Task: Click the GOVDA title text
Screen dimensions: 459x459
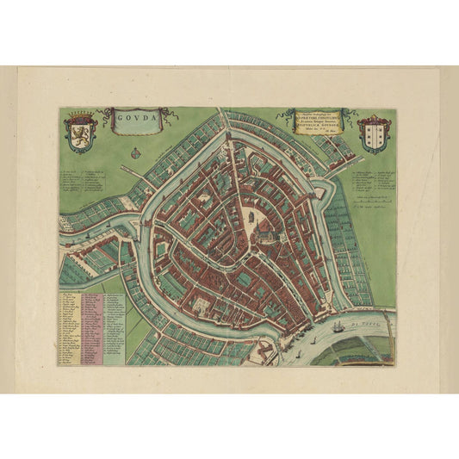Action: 137,115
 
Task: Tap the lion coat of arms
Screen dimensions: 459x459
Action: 80,131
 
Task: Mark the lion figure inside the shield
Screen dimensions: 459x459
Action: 80,133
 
